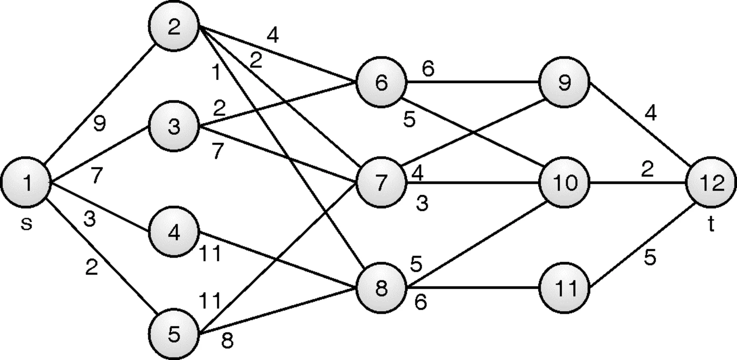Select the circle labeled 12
[x=711, y=182]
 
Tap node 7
[x=381, y=183]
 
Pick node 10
[x=564, y=182]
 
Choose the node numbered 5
[x=174, y=334]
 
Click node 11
[x=564, y=287]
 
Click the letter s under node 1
[x=27, y=224]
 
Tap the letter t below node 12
[x=711, y=224]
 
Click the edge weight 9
[x=100, y=124]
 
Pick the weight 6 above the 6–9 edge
[x=428, y=69]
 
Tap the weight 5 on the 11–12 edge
[x=650, y=258]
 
